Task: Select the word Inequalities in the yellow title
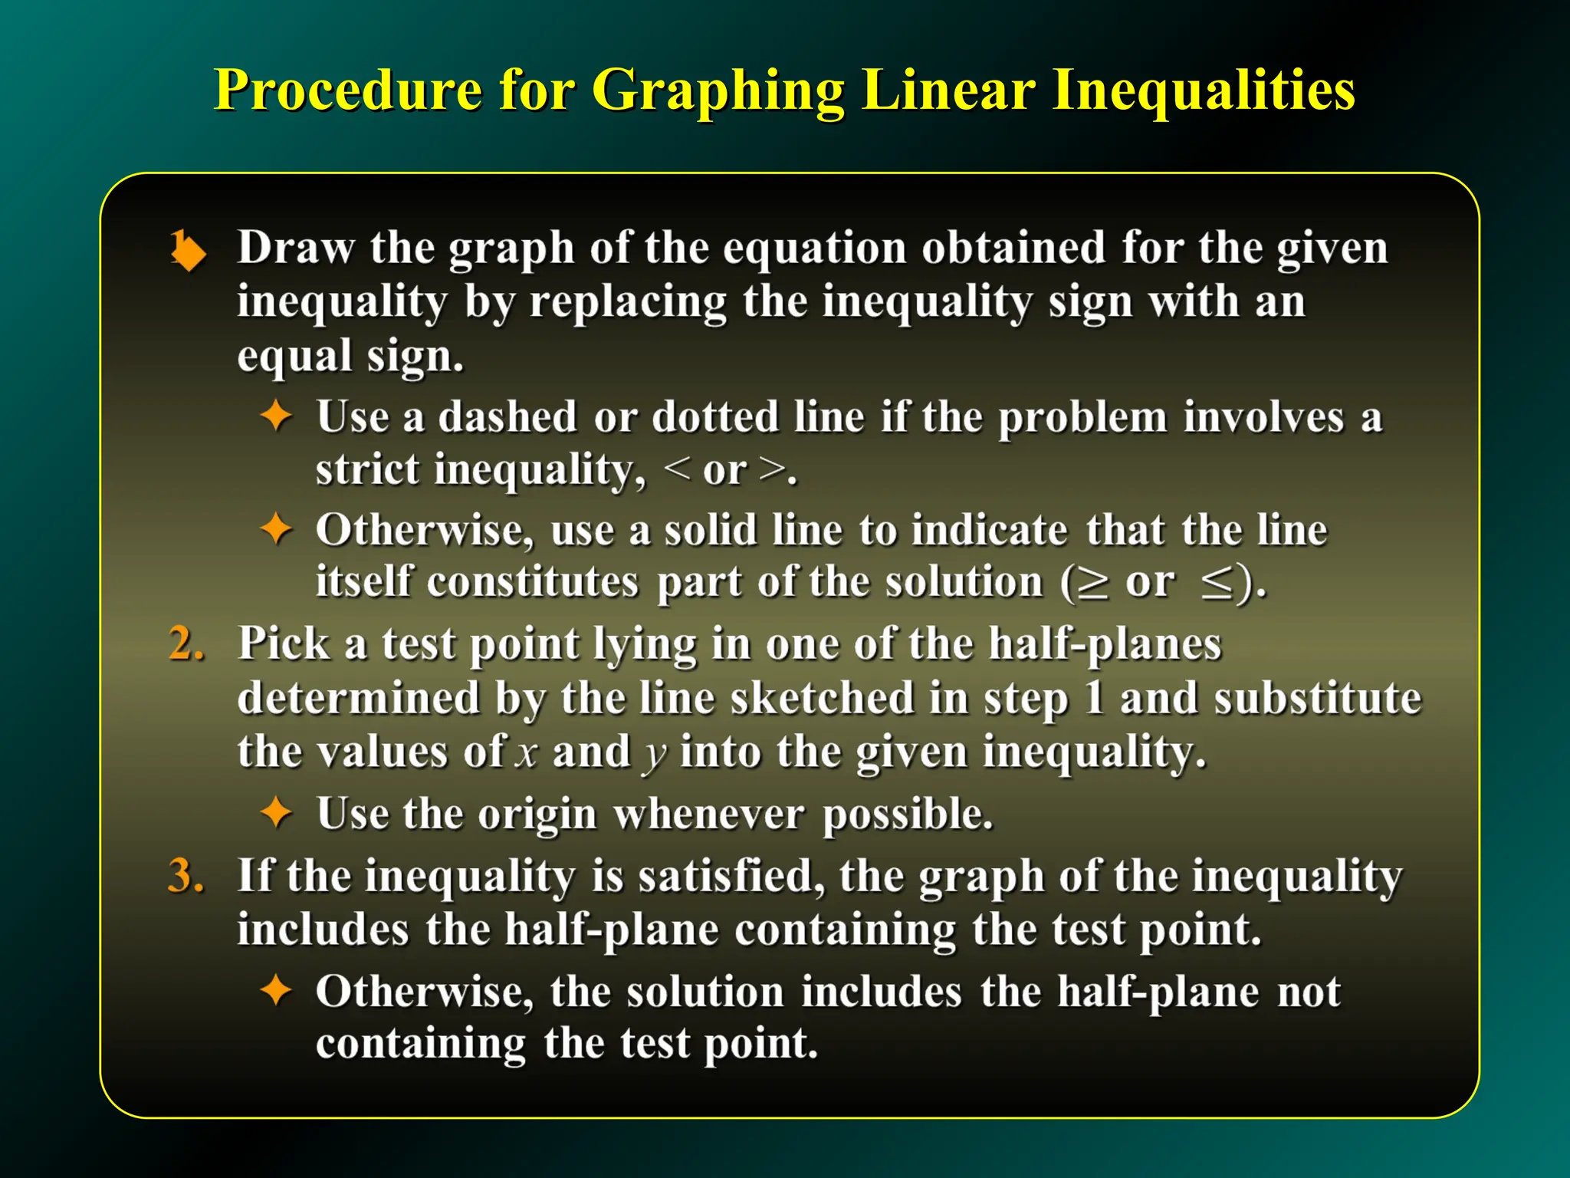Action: coord(1204,90)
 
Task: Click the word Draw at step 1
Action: coord(295,248)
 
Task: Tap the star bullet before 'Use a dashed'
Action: coord(276,416)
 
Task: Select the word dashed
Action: coord(507,417)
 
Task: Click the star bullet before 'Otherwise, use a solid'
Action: coord(276,529)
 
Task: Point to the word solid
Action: coord(710,530)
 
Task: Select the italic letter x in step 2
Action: coord(526,752)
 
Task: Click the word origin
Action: coord(537,814)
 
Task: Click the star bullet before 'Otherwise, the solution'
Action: coord(276,991)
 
